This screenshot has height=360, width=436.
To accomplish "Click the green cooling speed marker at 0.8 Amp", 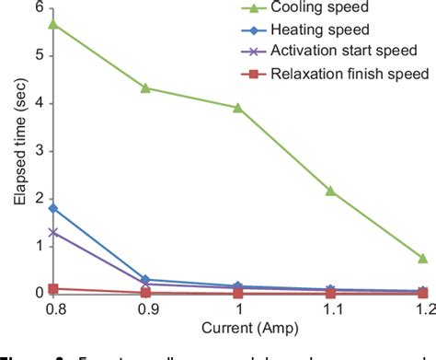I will (x=53, y=23).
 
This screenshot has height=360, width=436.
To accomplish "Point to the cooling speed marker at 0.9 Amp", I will (x=145, y=87).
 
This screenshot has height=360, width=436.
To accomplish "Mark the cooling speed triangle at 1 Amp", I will (x=238, y=107).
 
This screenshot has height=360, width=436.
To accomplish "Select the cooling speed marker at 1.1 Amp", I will (x=330, y=191).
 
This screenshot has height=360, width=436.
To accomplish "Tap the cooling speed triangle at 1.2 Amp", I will (x=422, y=258).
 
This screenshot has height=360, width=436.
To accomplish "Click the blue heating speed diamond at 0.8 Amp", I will (x=53, y=208).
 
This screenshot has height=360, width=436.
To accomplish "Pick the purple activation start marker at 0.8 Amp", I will (x=53, y=232).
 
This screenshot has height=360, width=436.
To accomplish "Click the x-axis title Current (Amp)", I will (x=237, y=330).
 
